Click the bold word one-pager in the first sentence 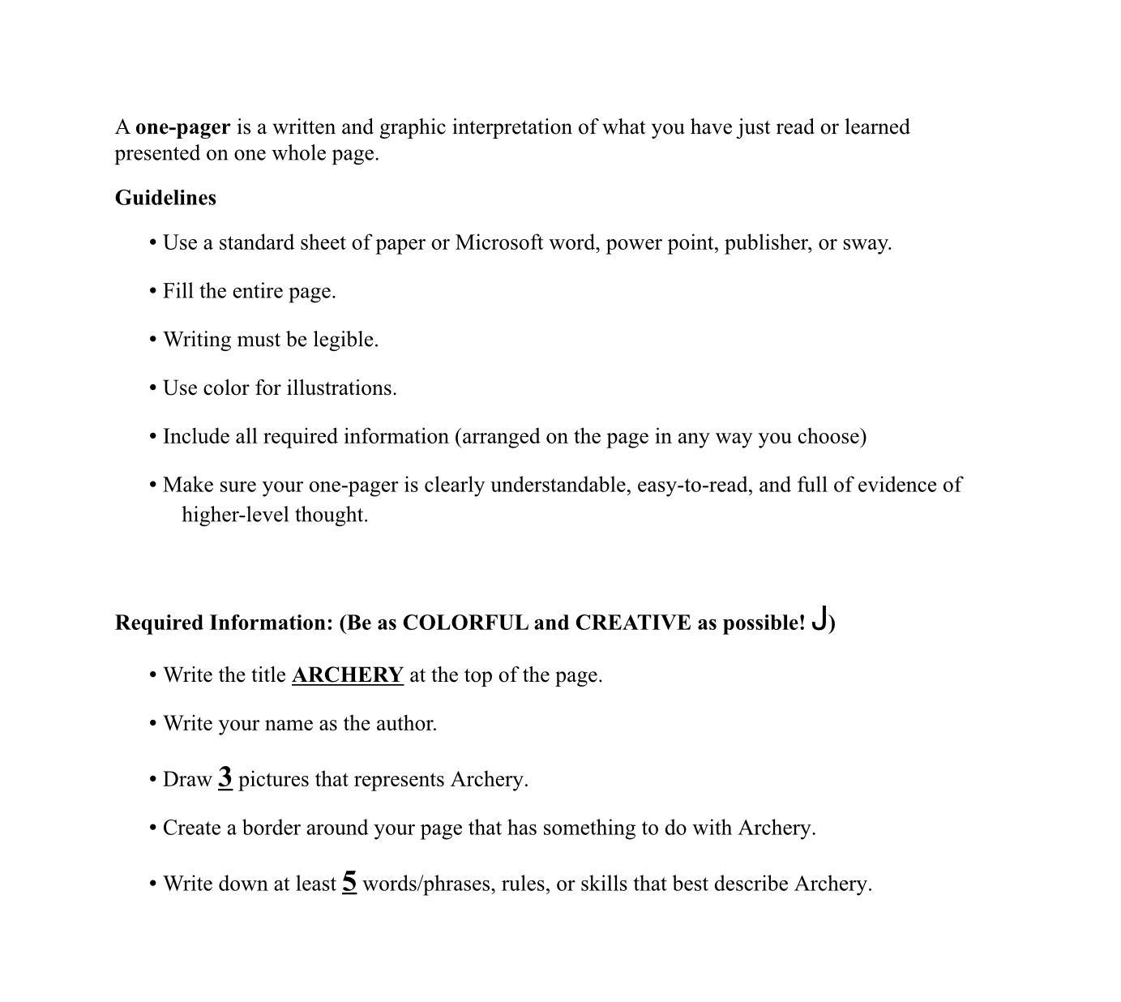click(x=182, y=128)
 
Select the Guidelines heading click(x=165, y=199)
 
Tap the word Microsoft click(x=499, y=243)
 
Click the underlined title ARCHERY click(x=347, y=675)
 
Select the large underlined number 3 click(x=225, y=777)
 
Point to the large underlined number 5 click(x=349, y=882)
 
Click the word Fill click(x=178, y=292)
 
